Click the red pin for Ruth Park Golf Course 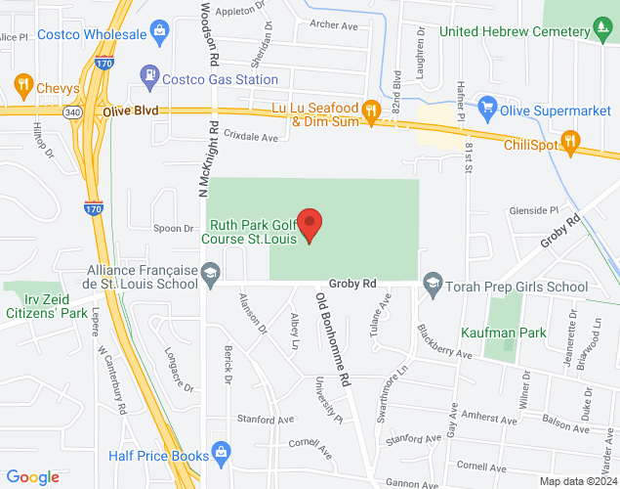point(310,224)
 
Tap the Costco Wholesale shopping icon point(159,34)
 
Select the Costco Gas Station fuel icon point(148,72)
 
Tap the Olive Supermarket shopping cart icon point(485,106)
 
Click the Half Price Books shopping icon point(224,455)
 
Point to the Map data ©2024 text point(580,481)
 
